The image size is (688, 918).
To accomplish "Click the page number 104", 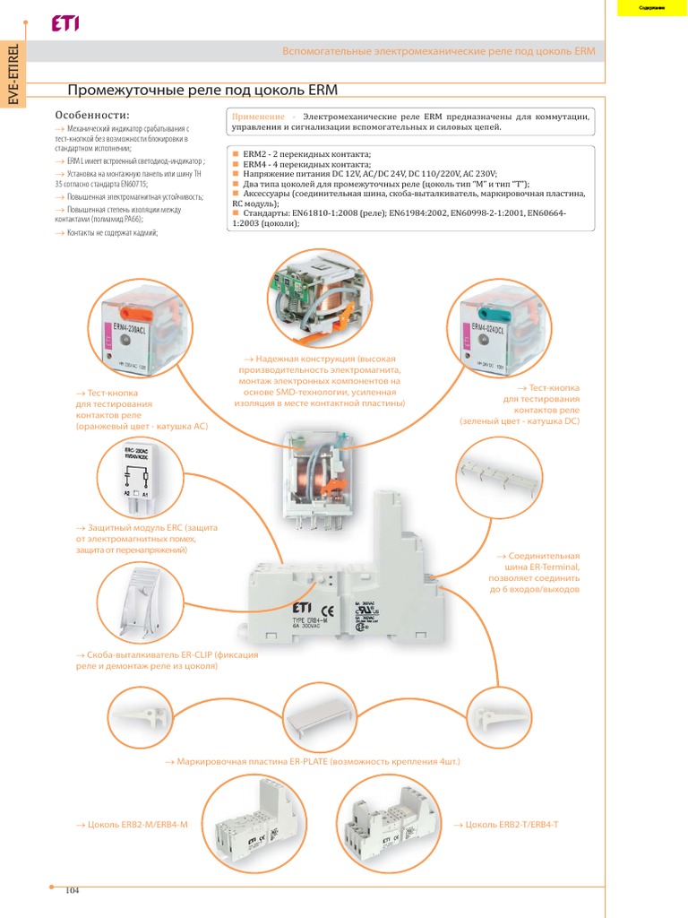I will (73, 889).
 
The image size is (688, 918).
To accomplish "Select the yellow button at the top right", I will (650, 8).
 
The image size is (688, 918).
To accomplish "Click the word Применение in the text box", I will (259, 117).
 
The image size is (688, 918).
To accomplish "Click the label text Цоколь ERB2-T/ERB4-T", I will (506, 823).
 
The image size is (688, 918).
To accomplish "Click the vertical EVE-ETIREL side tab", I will (13, 73).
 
